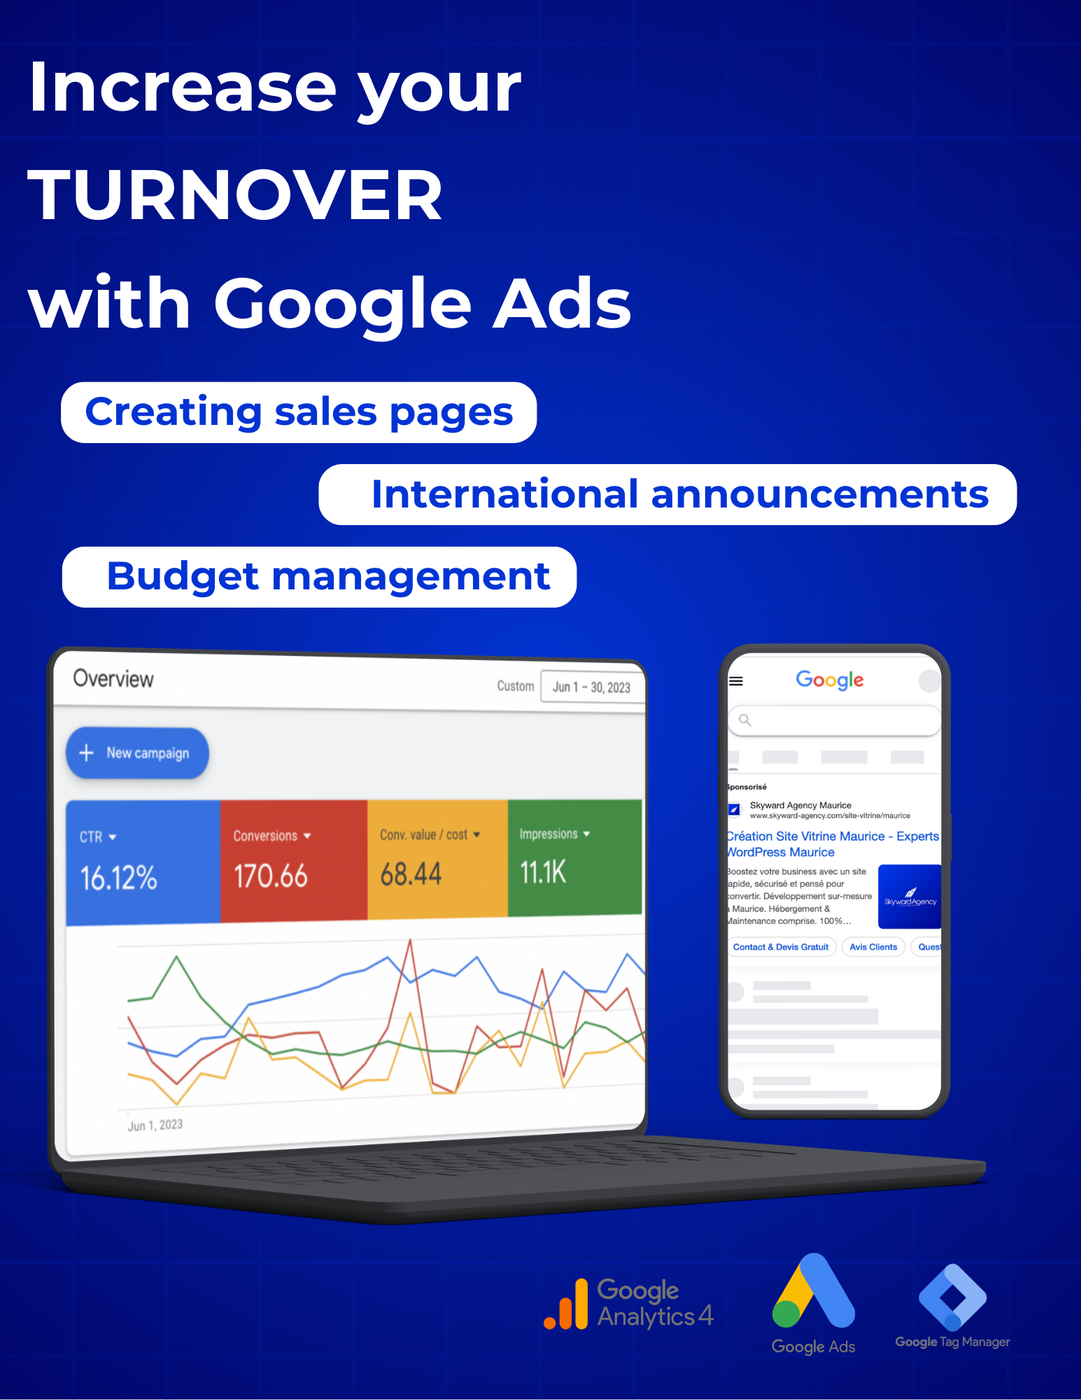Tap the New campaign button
pos(137,753)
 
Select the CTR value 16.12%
pos(118,878)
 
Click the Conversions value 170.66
pos(270,876)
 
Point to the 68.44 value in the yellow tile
pos(411,874)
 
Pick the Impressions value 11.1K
pos(542,872)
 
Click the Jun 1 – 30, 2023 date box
pos(592,687)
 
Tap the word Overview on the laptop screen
pos(113,678)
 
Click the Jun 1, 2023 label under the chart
pos(155,1125)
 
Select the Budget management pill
pos(319,577)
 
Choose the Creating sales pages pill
pos(299,412)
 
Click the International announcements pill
pos(667,494)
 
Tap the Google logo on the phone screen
pos(830,680)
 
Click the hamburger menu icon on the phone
pos(736,681)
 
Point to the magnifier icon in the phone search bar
pos(745,720)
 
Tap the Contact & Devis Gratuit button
pos(781,947)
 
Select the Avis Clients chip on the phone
pos(873,947)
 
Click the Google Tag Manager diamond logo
pos(953,1297)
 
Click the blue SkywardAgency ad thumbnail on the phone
pos(910,897)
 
